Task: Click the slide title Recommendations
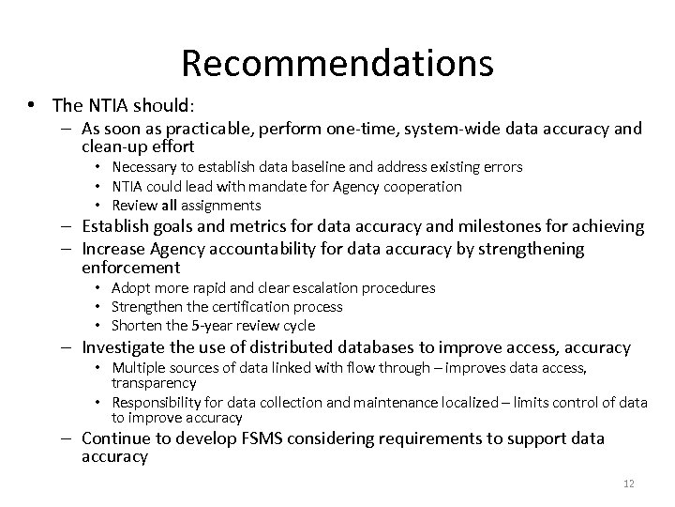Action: tap(337, 63)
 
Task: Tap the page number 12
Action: tap(628, 484)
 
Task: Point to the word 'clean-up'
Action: tap(112, 147)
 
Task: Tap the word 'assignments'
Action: tap(220, 205)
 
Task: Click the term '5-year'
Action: tap(213, 326)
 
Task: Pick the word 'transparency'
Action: tap(154, 382)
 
